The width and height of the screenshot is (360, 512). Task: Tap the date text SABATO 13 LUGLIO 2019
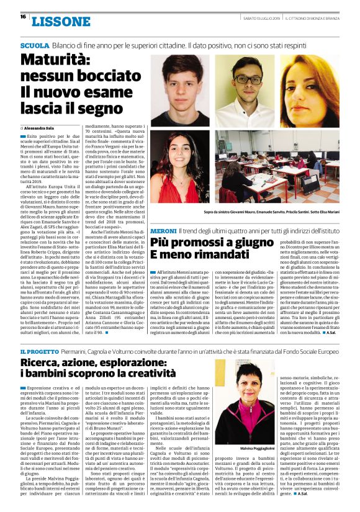(245, 17)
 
